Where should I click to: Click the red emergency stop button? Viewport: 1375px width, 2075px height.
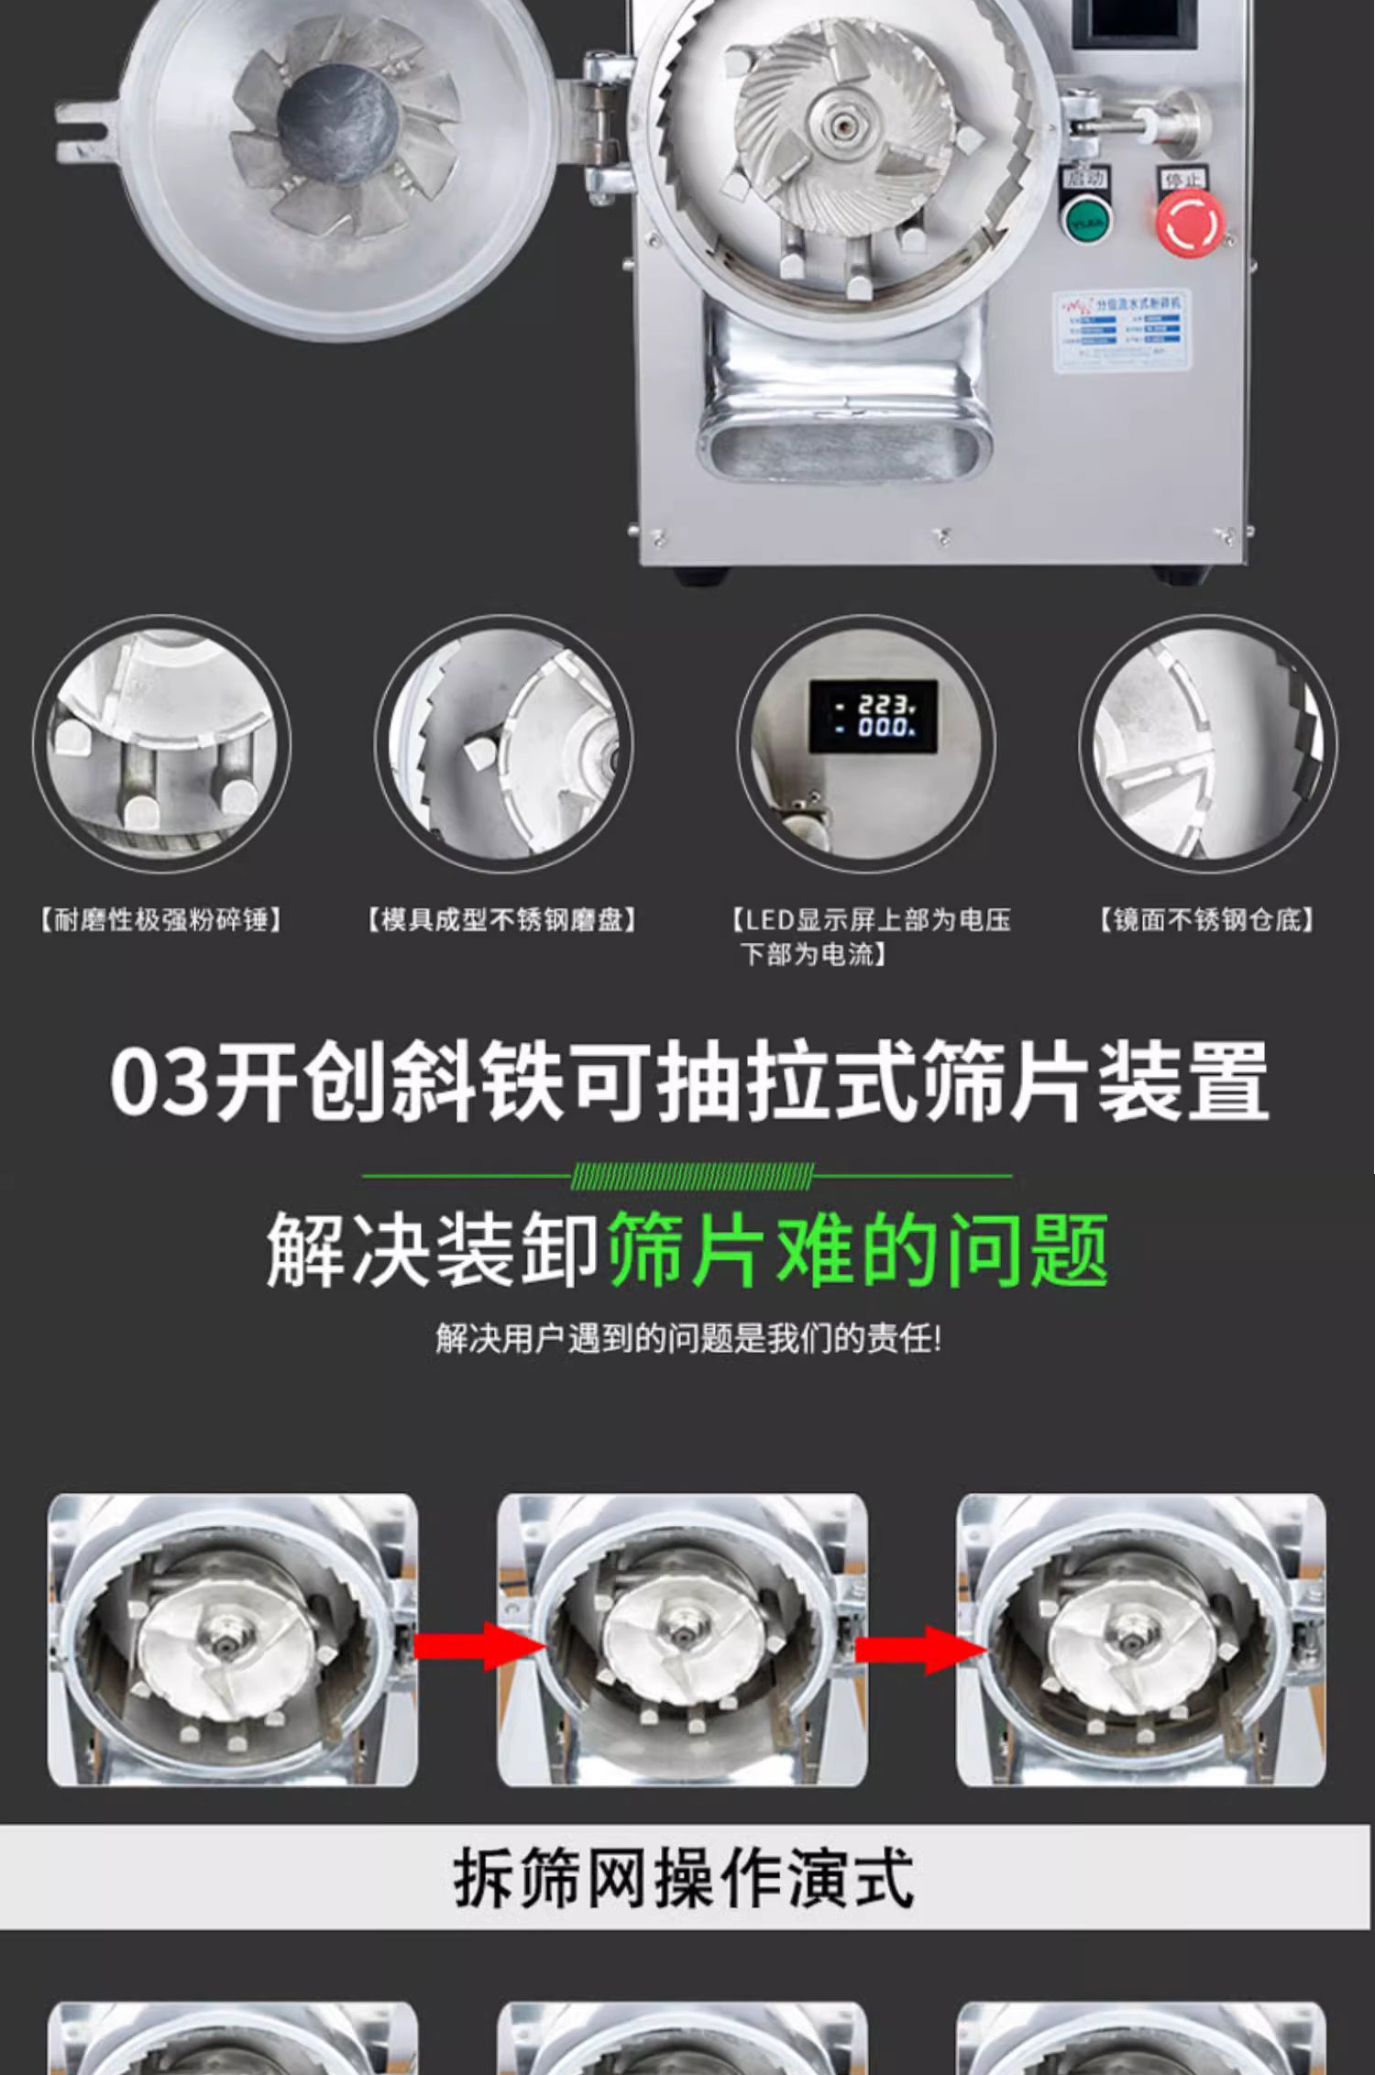pyautogui.click(x=1189, y=222)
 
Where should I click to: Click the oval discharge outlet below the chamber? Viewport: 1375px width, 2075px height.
pyautogui.click(x=845, y=449)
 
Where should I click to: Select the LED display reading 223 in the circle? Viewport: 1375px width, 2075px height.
pyautogui.click(x=873, y=717)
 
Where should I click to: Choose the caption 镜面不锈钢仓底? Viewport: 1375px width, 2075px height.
pyautogui.click(x=1206, y=919)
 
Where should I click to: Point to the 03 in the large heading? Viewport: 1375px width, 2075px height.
pyautogui.click(x=159, y=1081)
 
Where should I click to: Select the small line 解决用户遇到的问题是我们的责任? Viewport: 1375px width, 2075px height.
pyautogui.click(x=687, y=1339)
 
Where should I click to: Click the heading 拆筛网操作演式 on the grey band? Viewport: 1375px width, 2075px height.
pyautogui.click(x=683, y=1878)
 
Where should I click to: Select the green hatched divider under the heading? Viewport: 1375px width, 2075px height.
pyautogui.click(x=691, y=1176)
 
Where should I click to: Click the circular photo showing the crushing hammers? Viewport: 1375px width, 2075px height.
pyautogui.click(x=161, y=743)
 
